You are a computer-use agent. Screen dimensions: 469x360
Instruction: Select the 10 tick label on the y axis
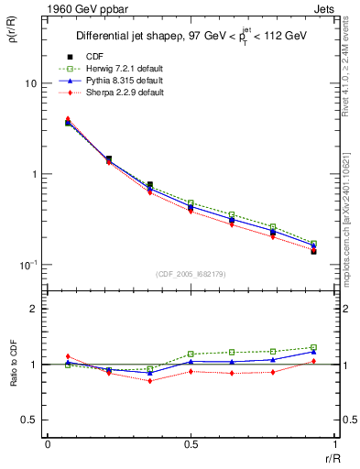coord(30,83)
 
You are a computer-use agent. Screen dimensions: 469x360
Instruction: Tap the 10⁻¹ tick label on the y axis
coord(30,265)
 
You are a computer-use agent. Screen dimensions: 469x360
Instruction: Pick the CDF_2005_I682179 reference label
coord(191,273)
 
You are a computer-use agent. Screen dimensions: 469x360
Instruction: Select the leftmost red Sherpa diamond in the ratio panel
coord(68,356)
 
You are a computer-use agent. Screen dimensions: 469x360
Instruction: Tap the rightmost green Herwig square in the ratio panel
coord(313,347)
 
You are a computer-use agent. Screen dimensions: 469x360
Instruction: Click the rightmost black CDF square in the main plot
coord(313,251)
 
